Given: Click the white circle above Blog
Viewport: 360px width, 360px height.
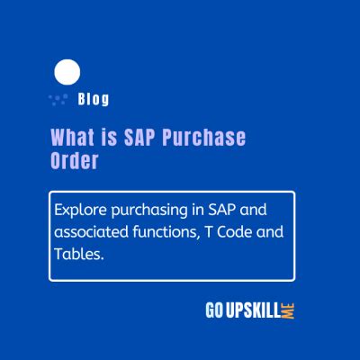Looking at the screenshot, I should point(67,71).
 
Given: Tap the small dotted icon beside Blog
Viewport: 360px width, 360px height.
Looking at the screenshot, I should point(59,97).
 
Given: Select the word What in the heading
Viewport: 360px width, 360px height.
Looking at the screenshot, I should point(69,138).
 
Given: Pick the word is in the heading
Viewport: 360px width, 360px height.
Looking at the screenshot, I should point(104,138).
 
